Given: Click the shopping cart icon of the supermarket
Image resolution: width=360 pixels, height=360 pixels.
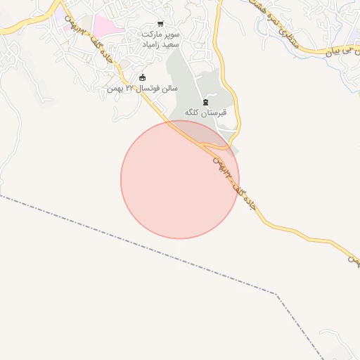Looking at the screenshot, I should pyautogui.click(x=161, y=24).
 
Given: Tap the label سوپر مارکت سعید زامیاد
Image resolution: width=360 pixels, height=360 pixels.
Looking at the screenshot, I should pyautogui.click(x=161, y=39).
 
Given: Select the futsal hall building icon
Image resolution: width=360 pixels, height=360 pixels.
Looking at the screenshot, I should pyautogui.click(x=143, y=77).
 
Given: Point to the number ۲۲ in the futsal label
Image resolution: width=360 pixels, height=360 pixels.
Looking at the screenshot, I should pyautogui.click(x=120, y=89).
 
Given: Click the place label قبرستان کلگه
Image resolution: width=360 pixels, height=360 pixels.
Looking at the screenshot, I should pyautogui.click(x=205, y=112).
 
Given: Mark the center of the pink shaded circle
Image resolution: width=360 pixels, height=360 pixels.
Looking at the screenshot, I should pyautogui.click(x=180, y=179).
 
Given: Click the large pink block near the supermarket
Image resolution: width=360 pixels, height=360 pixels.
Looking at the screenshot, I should pyautogui.click(x=105, y=27).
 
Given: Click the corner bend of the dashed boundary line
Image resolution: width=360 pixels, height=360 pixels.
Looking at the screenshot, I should pyautogui.click(x=276, y=293).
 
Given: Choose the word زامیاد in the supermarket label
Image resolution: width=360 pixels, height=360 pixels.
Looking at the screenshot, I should pyautogui.click(x=153, y=44).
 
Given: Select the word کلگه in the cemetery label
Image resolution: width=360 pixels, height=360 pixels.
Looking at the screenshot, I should pyautogui.click(x=194, y=112).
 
